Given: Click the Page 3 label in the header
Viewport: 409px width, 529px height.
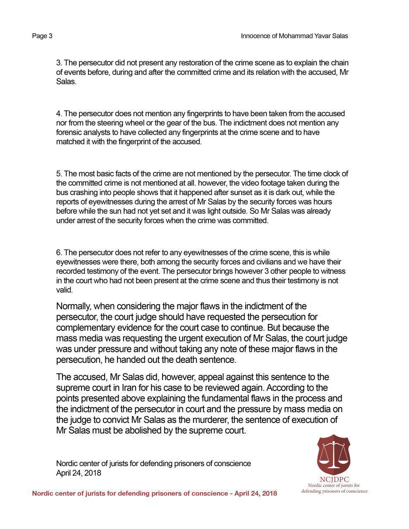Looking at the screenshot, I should [42, 36].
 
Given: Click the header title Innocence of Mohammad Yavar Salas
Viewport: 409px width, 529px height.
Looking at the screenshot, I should [294, 36].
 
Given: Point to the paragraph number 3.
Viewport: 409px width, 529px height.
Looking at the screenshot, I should [59, 63].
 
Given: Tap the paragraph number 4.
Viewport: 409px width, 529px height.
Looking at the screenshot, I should [59, 113].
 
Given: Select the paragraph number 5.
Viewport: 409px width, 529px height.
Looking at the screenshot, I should [59, 174].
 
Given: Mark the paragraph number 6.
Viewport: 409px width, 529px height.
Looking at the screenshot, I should [59, 252].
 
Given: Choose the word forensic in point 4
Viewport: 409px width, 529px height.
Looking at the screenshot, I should [69, 132].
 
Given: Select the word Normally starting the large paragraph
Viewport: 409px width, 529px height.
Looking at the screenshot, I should [73, 306].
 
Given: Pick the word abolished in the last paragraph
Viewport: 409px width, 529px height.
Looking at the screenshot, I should [158, 430].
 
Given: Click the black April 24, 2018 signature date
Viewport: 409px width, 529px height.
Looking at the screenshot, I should [79, 473].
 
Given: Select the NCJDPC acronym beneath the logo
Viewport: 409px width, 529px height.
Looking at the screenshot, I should [334, 479].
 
